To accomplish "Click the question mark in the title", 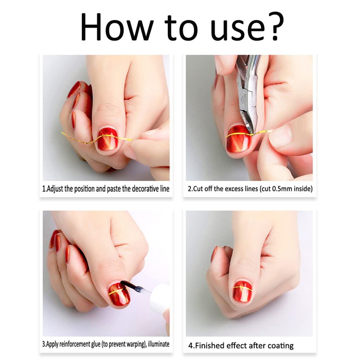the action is click(274, 27).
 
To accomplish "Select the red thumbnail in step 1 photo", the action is click(108, 139).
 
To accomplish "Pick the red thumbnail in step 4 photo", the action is click(242, 291).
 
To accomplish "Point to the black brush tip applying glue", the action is click(129, 286).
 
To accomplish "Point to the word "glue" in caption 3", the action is click(95, 344).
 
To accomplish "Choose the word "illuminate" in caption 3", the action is click(159, 344).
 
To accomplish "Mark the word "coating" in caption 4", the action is click(280, 346).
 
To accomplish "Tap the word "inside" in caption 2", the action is click(302, 189).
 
